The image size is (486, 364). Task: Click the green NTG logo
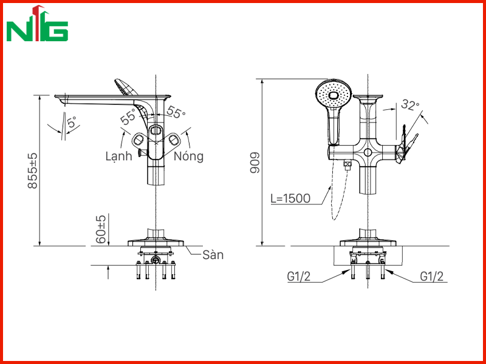click(37, 24)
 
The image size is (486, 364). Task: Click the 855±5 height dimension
click(33, 170)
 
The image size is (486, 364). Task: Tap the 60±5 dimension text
click(101, 229)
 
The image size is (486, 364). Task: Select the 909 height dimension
click(255, 163)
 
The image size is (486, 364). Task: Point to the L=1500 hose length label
click(290, 198)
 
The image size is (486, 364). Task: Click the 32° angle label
click(410, 104)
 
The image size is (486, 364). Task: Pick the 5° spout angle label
click(72, 123)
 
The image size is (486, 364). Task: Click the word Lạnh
click(118, 157)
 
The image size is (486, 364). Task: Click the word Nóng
click(188, 157)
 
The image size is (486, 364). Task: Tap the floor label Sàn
click(213, 255)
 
